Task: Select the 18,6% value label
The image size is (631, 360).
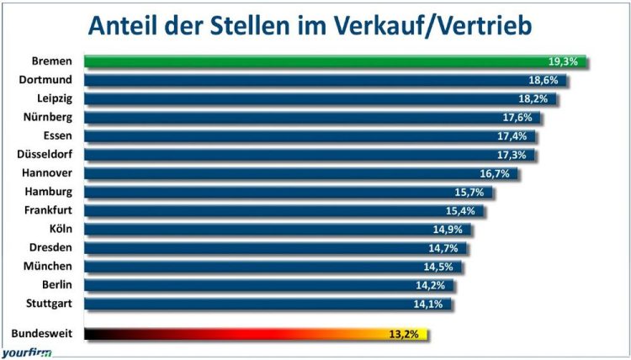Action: (x=544, y=80)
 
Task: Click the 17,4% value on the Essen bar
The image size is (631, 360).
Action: (x=513, y=135)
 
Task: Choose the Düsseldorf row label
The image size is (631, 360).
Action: (x=45, y=154)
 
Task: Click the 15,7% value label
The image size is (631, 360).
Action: (x=471, y=192)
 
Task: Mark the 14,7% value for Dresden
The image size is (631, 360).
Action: (x=445, y=247)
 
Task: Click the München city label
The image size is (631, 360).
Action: (x=50, y=266)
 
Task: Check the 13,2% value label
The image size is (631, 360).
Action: (x=405, y=334)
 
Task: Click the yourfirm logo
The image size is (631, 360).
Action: (x=25, y=353)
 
